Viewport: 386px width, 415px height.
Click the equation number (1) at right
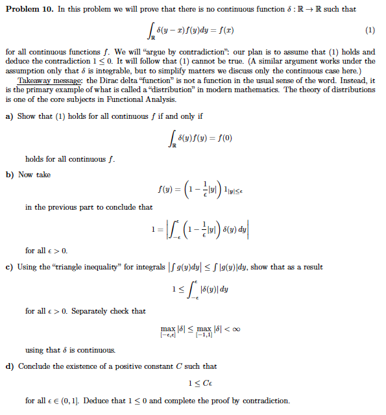[x=370, y=30]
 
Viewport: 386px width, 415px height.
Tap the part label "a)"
[x=9, y=116]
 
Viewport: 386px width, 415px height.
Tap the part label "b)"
[x=9, y=175]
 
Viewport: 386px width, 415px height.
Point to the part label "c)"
[x=9, y=267]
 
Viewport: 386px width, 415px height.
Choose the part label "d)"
[x=9, y=366]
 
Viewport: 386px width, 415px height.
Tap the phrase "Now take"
[x=34, y=175]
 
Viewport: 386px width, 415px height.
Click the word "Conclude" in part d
[x=36, y=366]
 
